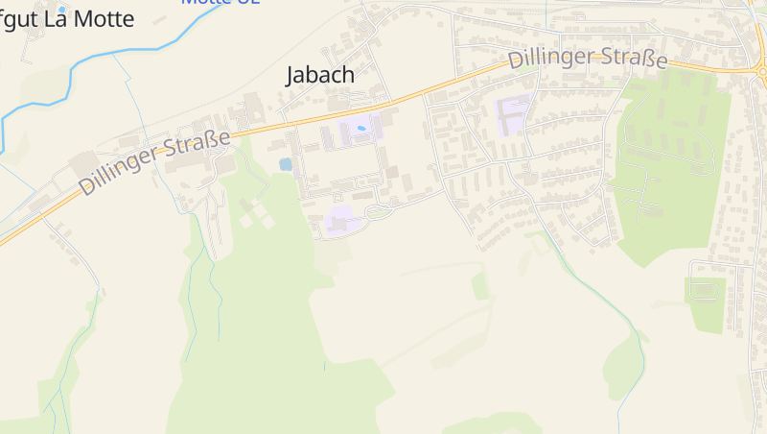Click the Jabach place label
click(320, 75)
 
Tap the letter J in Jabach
click(291, 75)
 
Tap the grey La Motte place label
click(67, 20)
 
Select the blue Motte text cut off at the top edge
click(206, 3)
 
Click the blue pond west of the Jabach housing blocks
click(285, 164)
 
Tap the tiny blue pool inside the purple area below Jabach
click(361, 128)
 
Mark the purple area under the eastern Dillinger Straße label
click(513, 115)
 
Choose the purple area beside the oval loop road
click(339, 221)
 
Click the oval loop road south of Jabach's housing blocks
click(380, 210)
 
